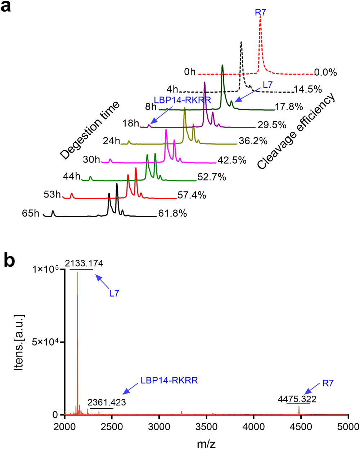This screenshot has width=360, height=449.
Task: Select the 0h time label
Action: click(190, 72)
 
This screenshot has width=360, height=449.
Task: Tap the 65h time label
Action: click(30, 213)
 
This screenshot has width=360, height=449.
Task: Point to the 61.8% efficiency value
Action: click(172, 214)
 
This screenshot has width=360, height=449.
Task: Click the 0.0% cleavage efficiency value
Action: click(325, 72)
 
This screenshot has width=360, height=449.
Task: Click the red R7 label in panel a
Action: click(260, 12)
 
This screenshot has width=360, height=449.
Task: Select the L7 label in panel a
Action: click(267, 85)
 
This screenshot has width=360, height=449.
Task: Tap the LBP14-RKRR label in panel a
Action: click(182, 100)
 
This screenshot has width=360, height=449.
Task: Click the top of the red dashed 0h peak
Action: click(260, 21)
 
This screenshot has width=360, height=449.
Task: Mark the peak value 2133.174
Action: click(84, 264)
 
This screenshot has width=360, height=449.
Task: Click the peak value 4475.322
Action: click(297, 399)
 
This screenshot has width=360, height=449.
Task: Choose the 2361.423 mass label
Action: click(107, 403)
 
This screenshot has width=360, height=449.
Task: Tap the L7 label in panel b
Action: click(114, 293)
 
